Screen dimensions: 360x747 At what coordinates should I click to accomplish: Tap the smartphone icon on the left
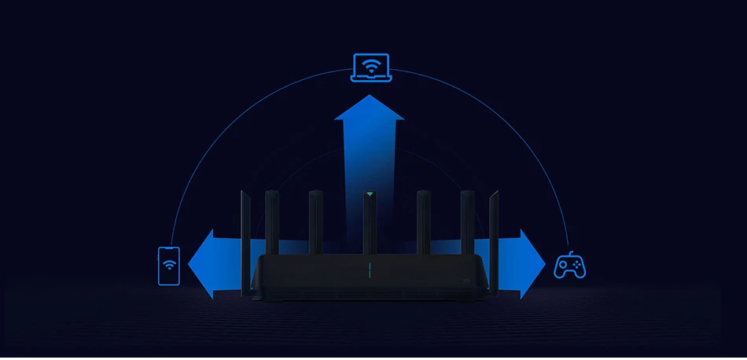coord(169,266)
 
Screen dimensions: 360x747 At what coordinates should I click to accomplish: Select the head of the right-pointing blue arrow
coord(534,264)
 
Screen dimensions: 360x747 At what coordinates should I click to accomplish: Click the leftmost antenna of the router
coord(245,244)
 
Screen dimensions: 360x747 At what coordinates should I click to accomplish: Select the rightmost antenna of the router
coord(494,244)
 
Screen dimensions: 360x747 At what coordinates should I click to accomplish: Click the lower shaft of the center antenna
coord(370,236)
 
